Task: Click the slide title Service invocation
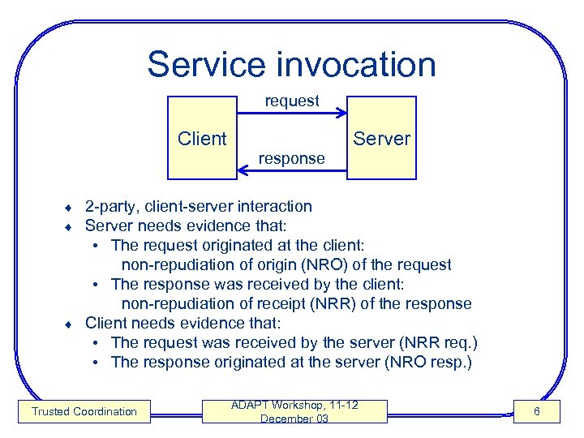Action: coord(291,64)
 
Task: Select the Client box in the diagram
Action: coord(202,139)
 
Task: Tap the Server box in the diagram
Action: coord(381,139)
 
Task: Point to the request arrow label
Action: coord(292,101)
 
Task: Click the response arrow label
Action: coord(291,159)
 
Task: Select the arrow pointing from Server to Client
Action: coord(292,171)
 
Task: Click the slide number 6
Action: coord(536,412)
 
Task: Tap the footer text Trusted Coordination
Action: coord(84,412)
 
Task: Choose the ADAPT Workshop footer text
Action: coord(294,405)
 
